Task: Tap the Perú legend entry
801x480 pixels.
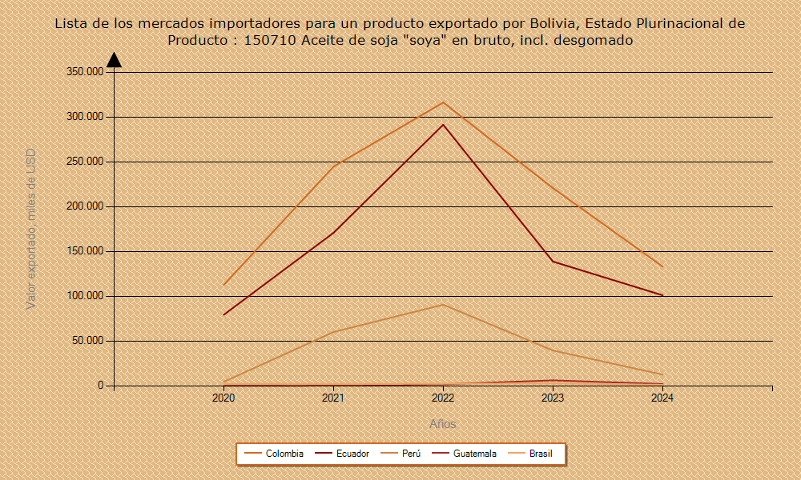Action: click(x=411, y=454)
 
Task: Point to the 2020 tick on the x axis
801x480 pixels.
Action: click(x=223, y=398)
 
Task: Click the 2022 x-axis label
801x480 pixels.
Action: click(x=443, y=398)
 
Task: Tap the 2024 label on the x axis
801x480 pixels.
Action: click(x=662, y=398)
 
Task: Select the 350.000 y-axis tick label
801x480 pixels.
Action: click(x=85, y=72)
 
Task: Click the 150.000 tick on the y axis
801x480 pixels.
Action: click(x=85, y=251)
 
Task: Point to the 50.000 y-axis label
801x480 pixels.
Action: click(x=87, y=341)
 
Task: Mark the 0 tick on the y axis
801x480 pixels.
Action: click(x=101, y=386)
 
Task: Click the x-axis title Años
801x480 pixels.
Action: click(x=443, y=424)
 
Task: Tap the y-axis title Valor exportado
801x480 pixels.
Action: click(x=31, y=229)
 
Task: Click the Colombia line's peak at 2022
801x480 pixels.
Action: click(x=443, y=102)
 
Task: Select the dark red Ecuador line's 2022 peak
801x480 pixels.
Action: click(x=443, y=125)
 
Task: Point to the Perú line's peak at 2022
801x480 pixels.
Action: click(x=443, y=305)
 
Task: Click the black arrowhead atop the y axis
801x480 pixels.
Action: click(x=114, y=60)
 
